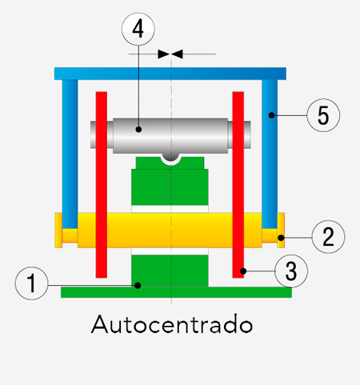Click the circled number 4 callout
click(x=138, y=29)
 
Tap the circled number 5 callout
click(x=323, y=115)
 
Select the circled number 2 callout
click(x=328, y=237)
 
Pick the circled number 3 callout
click(x=291, y=271)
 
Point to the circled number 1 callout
click(x=31, y=283)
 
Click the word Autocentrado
click(x=172, y=324)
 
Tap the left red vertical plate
click(x=102, y=185)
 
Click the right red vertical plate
click(x=238, y=185)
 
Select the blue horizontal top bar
click(x=170, y=74)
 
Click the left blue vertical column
click(x=70, y=154)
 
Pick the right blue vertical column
click(x=270, y=154)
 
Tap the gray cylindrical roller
click(x=170, y=135)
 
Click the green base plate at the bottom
click(x=176, y=292)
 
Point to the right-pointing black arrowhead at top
click(x=163, y=54)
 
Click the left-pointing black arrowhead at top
click(x=177, y=54)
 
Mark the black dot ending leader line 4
click(x=138, y=130)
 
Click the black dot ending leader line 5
click(x=271, y=115)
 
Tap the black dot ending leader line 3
click(x=243, y=271)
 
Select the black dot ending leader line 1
click(x=138, y=286)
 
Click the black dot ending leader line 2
click(x=281, y=237)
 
